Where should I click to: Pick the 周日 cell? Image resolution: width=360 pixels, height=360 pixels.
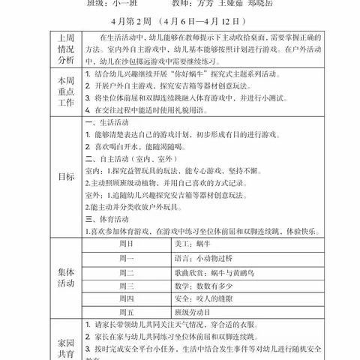(x=125, y=244)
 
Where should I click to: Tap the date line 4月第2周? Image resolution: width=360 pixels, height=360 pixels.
(x=181, y=21)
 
